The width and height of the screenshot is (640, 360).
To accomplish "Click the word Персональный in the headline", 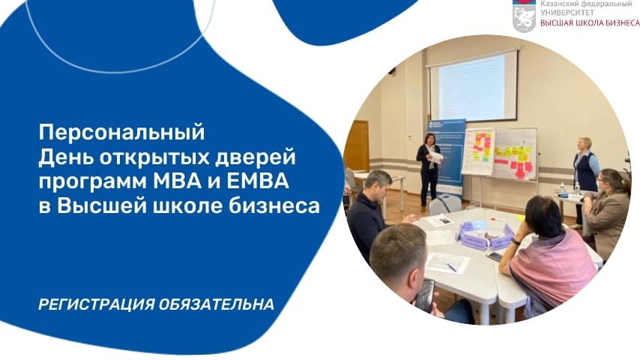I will click(121, 133).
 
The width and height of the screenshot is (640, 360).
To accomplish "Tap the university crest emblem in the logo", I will click(524, 14).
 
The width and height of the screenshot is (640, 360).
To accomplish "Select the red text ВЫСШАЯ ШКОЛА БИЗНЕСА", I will click(590, 23).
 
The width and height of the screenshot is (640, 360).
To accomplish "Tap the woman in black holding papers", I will click(429, 166).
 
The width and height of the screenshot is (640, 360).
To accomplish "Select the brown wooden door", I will click(357, 146).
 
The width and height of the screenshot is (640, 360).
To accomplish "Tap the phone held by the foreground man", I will click(425, 294).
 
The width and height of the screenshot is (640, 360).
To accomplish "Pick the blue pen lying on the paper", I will click(451, 267).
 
